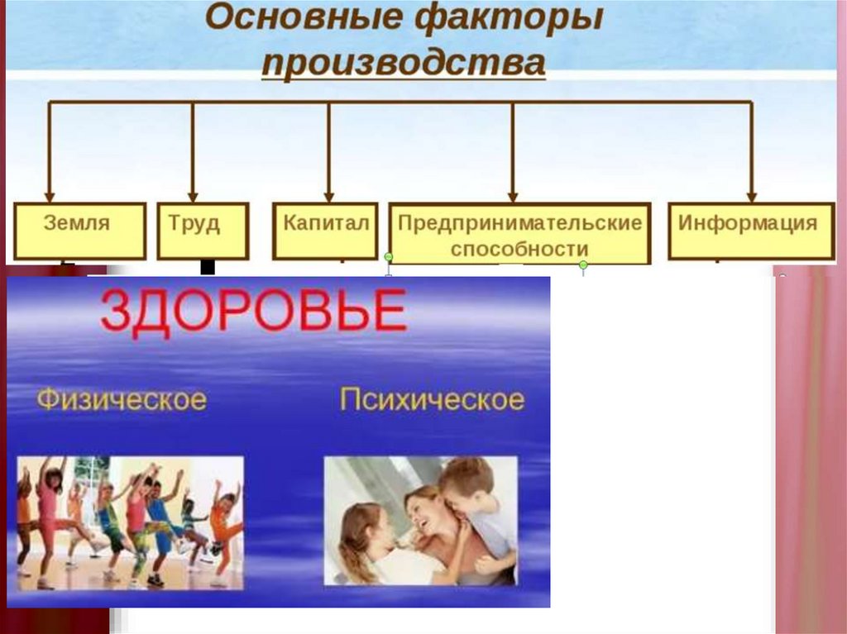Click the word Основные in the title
click(x=303, y=17)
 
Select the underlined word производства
click(x=404, y=64)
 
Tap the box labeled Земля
click(x=80, y=231)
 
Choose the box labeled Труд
click(x=203, y=231)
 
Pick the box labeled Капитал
click(x=325, y=231)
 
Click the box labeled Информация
click(x=751, y=231)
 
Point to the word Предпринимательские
click(x=519, y=223)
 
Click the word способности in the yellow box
click(x=519, y=249)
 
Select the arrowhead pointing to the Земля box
click(x=50, y=197)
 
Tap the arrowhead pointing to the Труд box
click(x=193, y=197)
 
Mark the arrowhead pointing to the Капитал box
click(x=329, y=197)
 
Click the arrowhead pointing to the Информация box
click(x=751, y=197)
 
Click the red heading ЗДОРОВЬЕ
click(x=253, y=310)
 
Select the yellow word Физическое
click(x=122, y=400)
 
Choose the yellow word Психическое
click(x=432, y=400)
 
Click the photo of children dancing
click(x=130, y=522)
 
